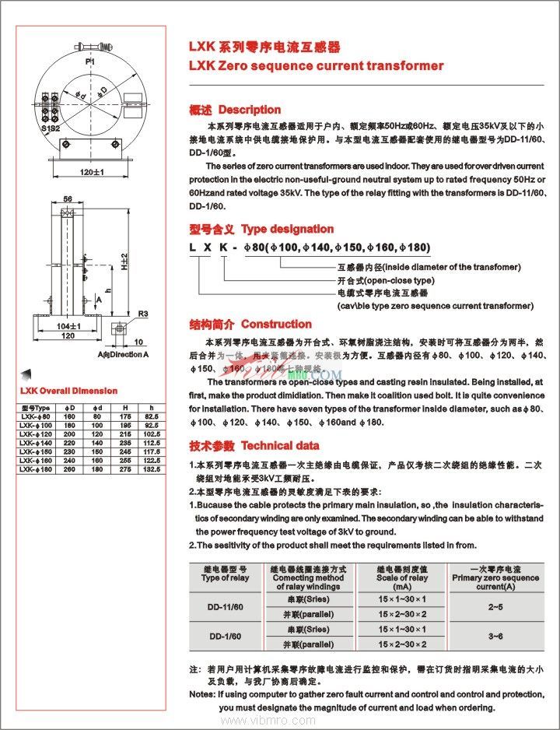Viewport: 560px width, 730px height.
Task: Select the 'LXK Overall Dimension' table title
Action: pyautogui.click(x=68, y=391)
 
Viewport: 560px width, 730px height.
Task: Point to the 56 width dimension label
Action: pyautogui.click(x=68, y=200)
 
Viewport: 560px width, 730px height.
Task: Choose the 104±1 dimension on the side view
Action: pyautogui.click(x=69, y=326)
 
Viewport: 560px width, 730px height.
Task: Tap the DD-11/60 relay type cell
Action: pyautogui.click(x=225, y=607)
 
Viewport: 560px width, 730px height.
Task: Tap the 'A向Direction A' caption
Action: pyautogui.click(x=123, y=355)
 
